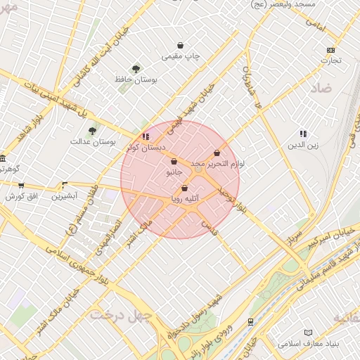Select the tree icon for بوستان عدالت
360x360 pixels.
click(x=92, y=131)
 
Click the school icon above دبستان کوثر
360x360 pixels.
click(x=146, y=136)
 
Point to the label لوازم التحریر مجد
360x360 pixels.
click(x=218, y=164)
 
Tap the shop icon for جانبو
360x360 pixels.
click(x=174, y=162)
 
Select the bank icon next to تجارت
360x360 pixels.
click(x=331, y=50)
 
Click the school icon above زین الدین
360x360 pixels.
click(x=303, y=134)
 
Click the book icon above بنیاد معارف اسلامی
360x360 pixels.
click(x=307, y=333)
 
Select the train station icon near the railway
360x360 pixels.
click(x=250, y=321)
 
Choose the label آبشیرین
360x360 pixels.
click(x=65, y=196)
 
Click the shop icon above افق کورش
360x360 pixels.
click(x=21, y=186)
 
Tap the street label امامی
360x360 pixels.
click(x=316, y=27)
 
